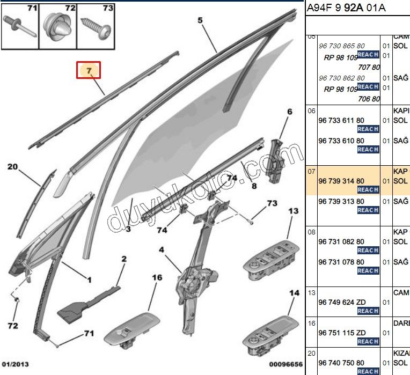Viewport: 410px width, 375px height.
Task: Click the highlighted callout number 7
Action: [89, 70]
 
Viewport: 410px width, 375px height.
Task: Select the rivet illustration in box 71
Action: [20, 25]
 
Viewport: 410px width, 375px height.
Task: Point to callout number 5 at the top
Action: [200, 21]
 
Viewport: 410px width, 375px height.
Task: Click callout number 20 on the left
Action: [13, 167]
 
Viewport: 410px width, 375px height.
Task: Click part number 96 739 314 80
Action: [341, 181]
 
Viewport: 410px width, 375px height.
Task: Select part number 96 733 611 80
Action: [341, 121]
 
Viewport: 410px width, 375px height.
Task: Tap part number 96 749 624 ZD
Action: [341, 303]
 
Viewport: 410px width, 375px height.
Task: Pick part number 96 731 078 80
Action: [341, 262]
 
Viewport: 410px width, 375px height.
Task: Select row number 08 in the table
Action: [311, 232]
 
